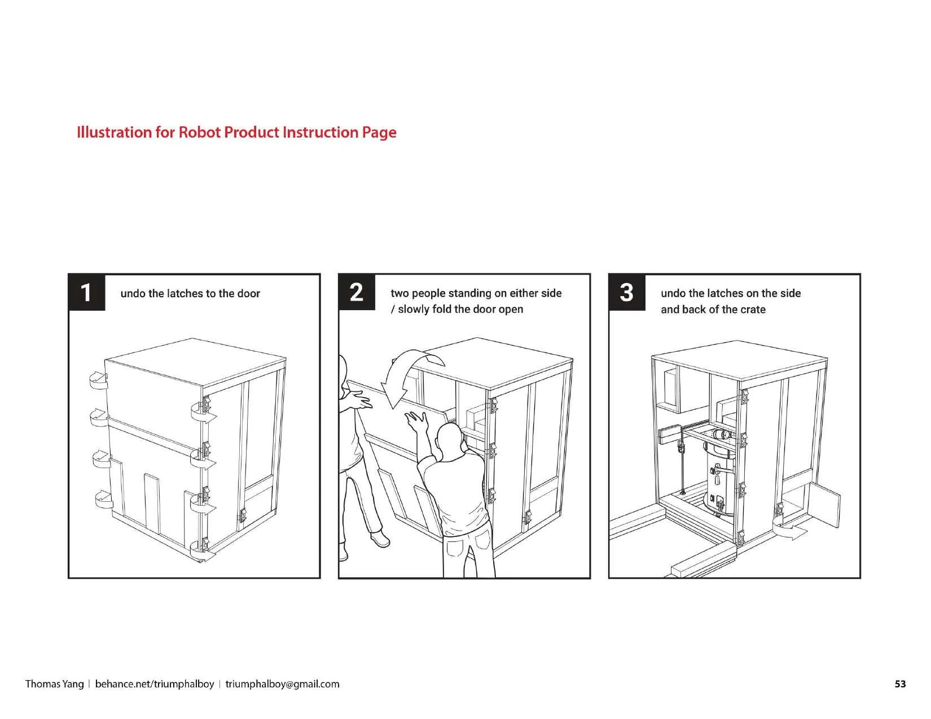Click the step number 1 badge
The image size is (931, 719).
[x=86, y=292]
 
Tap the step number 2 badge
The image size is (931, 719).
[x=357, y=292]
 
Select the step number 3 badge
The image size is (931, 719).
[x=627, y=292]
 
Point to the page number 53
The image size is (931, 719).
[x=900, y=684]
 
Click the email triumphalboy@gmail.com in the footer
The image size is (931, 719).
[x=282, y=684]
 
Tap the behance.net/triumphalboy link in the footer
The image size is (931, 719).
[x=154, y=684]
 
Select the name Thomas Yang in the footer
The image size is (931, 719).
[x=54, y=684]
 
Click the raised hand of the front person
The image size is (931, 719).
[x=418, y=420]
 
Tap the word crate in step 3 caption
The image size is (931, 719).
[x=753, y=310]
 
